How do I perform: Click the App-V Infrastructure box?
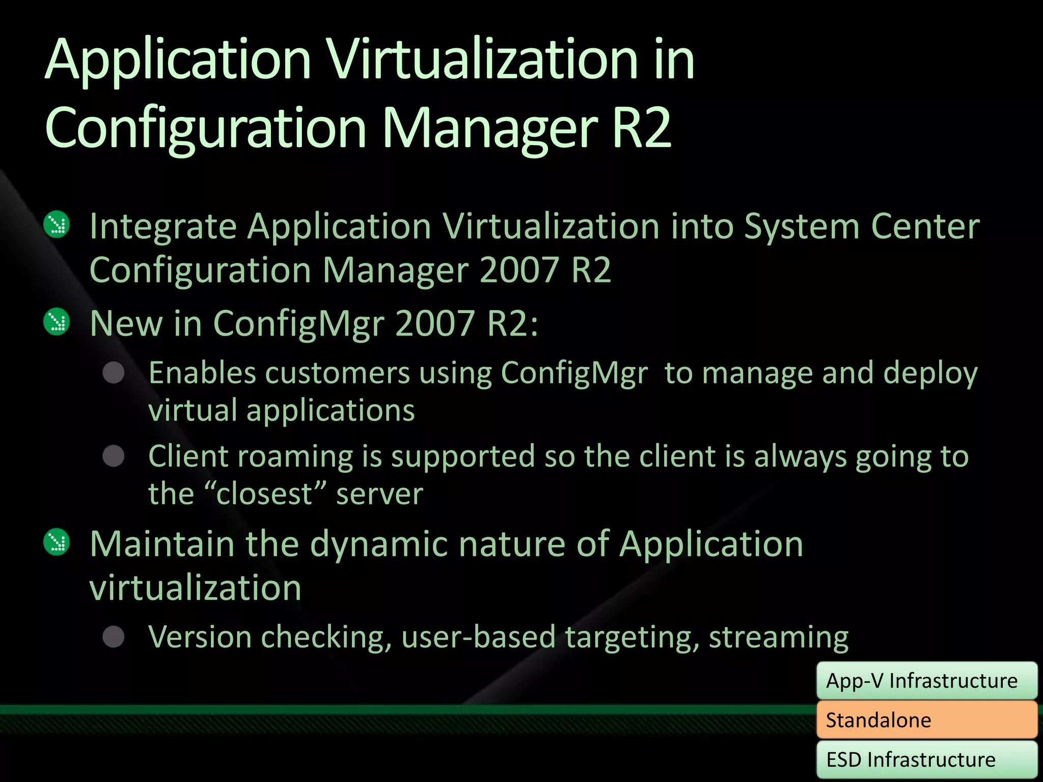pyautogui.click(x=926, y=681)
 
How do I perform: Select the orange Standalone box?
pyautogui.click(x=926, y=720)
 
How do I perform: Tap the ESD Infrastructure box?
pyautogui.click(x=926, y=759)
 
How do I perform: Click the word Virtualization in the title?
pyautogui.click(x=481, y=60)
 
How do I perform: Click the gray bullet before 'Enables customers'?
pyautogui.click(x=114, y=373)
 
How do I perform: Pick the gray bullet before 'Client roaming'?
pyautogui.click(x=114, y=456)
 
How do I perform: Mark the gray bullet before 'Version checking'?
pyautogui.click(x=114, y=636)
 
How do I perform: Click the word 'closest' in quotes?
pyautogui.click(x=264, y=494)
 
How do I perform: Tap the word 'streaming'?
pyautogui.click(x=779, y=637)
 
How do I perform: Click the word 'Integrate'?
pyautogui.click(x=163, y=227)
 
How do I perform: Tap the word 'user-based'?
pyautogui.click(x=478, y=637)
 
